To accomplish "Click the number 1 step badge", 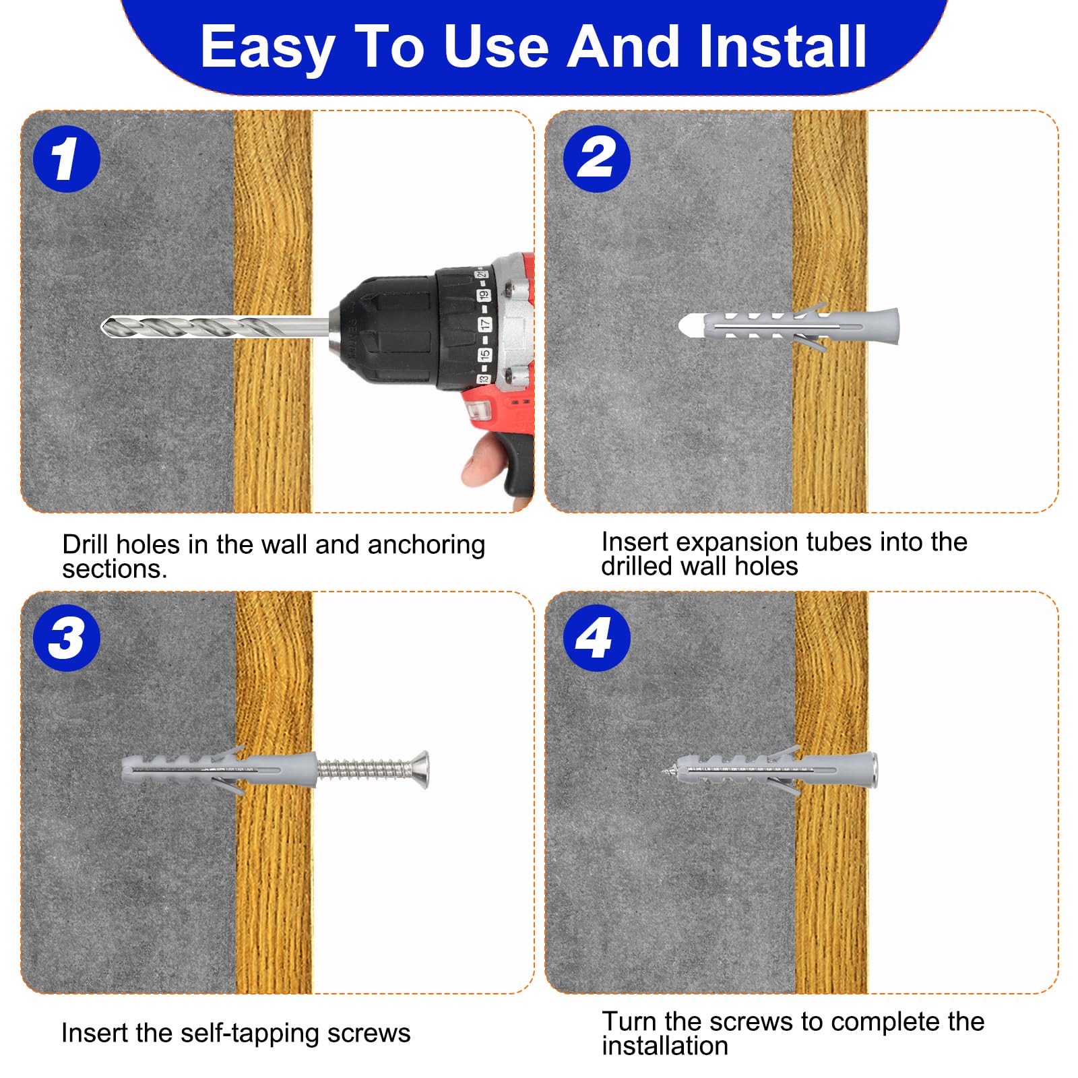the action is coord(67,159).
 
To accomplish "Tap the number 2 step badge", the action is coord(596,159).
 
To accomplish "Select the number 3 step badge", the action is coord(67,637).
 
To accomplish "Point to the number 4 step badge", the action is coord(596,637).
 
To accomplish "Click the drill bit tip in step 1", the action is coord(103,327).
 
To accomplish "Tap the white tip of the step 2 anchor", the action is coord(691,327).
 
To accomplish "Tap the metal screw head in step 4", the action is coord(873,770).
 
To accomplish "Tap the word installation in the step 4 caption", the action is coord(665,1046).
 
